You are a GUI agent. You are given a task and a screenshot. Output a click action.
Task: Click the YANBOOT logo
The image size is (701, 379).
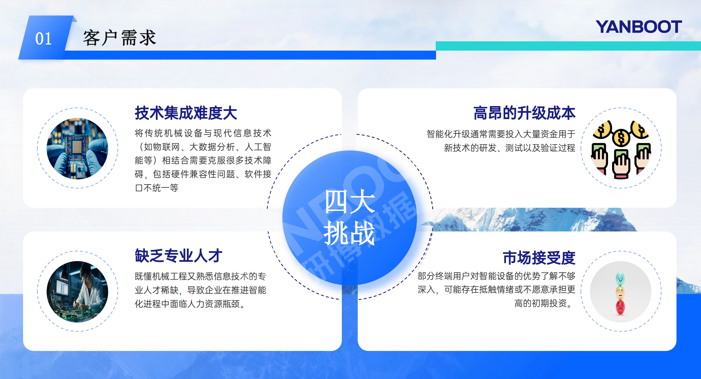pos(639,27)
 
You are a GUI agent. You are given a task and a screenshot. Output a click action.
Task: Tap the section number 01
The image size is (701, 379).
pos(44,39)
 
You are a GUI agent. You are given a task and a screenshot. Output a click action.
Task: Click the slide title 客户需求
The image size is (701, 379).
pos(120,38)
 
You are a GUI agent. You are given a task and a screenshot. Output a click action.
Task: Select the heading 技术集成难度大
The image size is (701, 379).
pos(186,113)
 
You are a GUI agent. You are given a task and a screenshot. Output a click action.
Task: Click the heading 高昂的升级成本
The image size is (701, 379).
pos(524,113)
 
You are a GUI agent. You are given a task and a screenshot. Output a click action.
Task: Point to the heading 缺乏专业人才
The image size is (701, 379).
pos(178,256)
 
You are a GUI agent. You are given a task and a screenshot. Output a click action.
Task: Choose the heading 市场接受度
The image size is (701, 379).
pos(539,258)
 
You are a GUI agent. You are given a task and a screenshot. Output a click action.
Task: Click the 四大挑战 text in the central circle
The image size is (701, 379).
pos(350,217)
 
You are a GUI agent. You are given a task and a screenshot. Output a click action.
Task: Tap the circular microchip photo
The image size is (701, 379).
pos(78,148)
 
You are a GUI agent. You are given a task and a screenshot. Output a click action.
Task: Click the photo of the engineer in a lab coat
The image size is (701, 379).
pos(78,292)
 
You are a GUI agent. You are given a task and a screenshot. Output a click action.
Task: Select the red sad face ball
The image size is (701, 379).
pos(620,307)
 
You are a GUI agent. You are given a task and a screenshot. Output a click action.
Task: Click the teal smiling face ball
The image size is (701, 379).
pos(620,279)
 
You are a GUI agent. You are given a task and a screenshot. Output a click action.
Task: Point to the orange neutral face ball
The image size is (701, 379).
pos(620,293)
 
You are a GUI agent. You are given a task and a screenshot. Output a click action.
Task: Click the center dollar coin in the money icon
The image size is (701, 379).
pos(621,138)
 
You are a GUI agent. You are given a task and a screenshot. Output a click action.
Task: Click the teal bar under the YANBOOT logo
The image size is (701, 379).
pos(568,46)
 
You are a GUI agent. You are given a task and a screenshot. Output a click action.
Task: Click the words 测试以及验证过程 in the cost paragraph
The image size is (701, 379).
pos(540,148)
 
